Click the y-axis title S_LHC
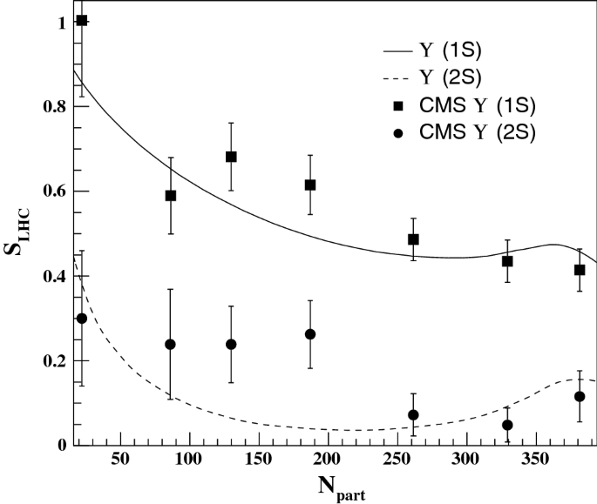(x=18, y=229)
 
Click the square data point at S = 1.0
(x=82, y=21)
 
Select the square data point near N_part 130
(x=231, y=157)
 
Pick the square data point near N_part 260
(x=413, y=239)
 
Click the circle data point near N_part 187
(x=310, y=334)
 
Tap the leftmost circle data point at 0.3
(x=82, y=319)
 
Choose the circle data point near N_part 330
(x=507, y=425)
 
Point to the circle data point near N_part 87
(x=171, y=345)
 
